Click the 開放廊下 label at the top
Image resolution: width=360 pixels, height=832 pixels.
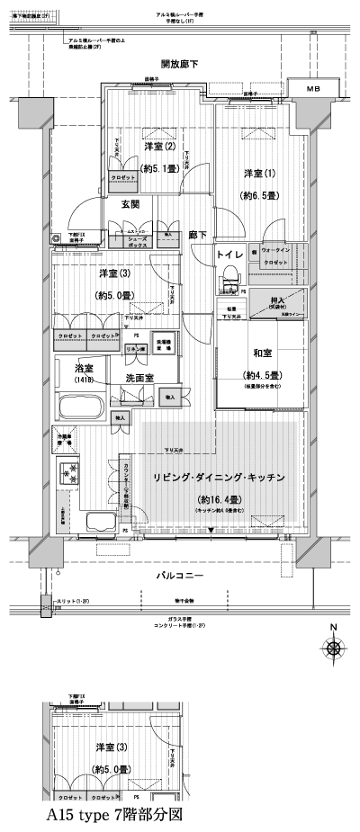[179, 64]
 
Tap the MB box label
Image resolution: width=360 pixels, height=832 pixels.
[313, 90]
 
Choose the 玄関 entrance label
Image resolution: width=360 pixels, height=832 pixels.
[130, 204]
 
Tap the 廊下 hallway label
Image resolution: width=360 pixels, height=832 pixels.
[198, 235]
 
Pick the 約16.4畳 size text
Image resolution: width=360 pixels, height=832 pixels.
[219, 497]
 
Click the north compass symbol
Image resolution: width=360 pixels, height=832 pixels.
[334, 648]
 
